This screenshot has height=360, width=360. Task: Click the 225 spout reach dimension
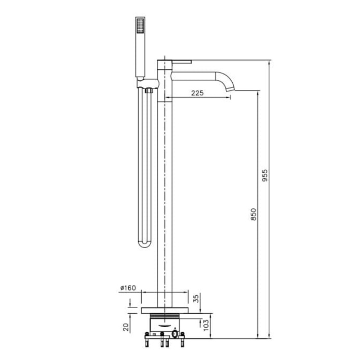coord(198,93)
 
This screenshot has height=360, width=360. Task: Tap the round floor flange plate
coord(165,310)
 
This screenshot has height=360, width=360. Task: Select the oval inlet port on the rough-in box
coord(174,334)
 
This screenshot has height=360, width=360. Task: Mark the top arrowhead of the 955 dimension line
coord(269,63)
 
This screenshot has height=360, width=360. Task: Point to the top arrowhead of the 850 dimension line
coord(257,93)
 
